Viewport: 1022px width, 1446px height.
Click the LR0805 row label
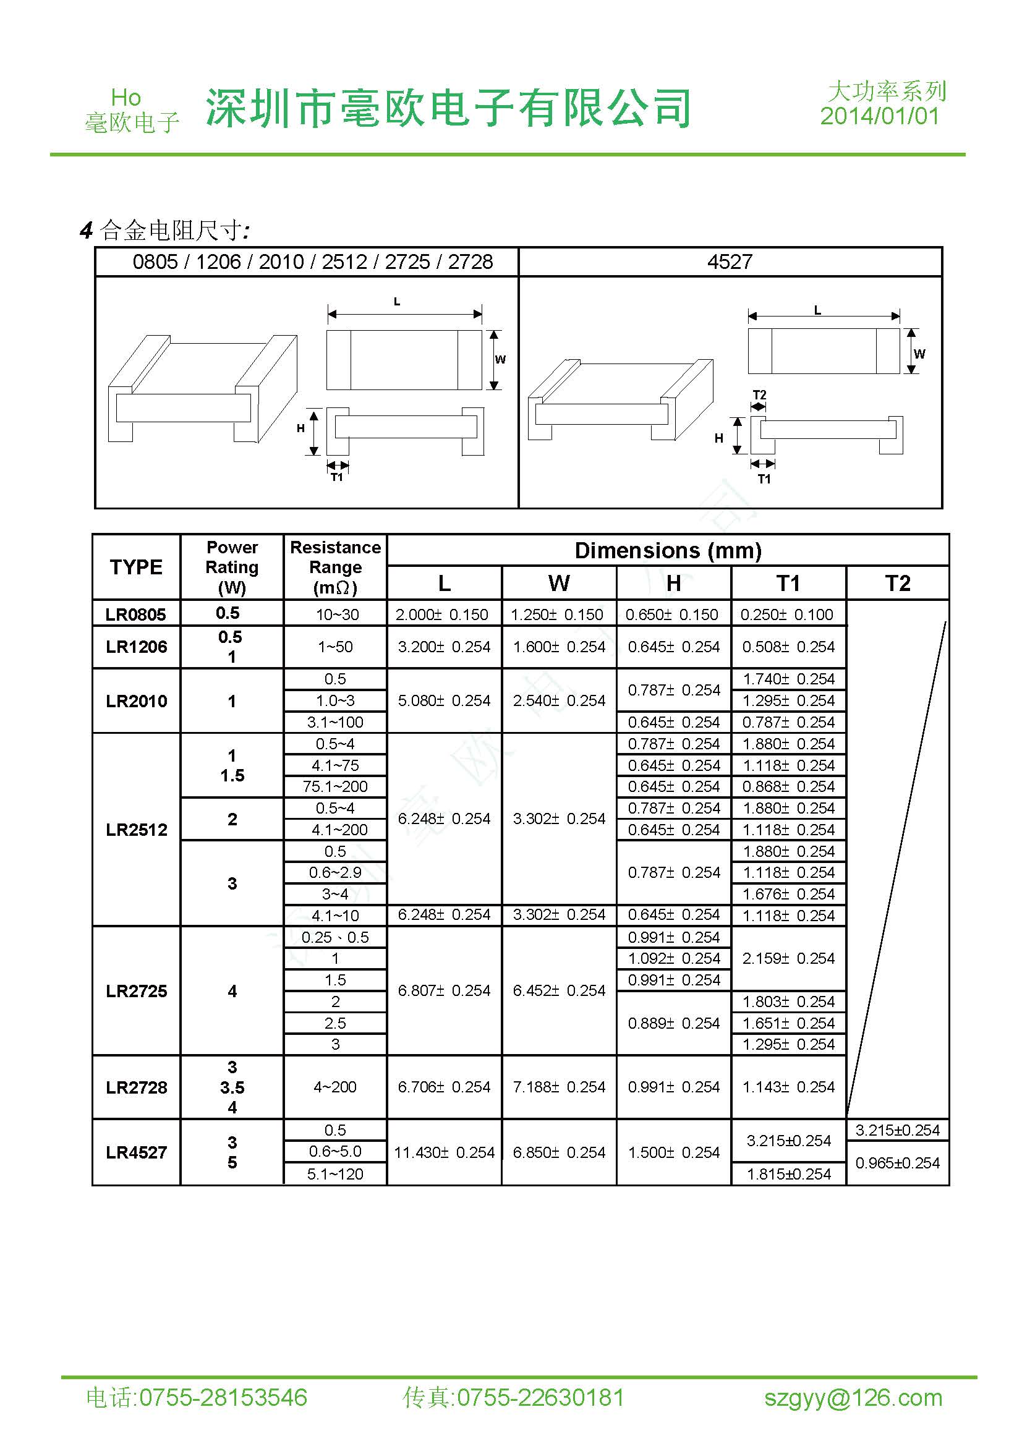(135, 614)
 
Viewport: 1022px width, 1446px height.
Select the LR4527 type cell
(136, 1152)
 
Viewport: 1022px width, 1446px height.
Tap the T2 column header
(897, 583)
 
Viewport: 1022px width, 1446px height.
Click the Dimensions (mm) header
(668, 550)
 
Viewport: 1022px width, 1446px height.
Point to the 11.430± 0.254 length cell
(444, 1152)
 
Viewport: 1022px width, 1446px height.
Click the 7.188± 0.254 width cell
(558, 1087)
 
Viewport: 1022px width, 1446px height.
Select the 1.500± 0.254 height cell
(673, 1152)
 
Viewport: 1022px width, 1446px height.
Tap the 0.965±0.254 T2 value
(897, 1163)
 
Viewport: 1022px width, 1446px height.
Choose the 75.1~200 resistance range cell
(335, 786)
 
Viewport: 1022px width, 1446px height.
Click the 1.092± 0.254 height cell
(673, 959)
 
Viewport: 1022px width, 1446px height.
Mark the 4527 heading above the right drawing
(730, 262)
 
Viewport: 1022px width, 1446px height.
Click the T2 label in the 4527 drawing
(759, 395)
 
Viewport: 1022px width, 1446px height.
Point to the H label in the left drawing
(300, 428)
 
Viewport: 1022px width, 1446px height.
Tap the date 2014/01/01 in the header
(879, 116)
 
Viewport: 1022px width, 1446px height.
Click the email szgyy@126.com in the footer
(853, 1398)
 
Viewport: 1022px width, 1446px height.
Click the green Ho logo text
(126, 98)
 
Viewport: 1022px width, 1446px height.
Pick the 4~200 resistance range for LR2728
(335, 1087)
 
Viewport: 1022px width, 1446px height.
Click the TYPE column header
(136, 567)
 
